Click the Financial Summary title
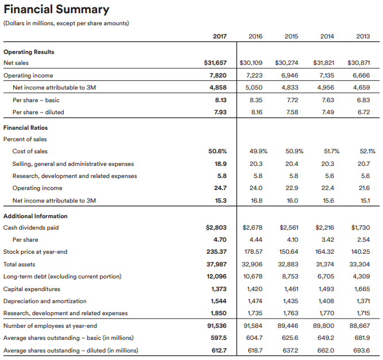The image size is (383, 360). click(56, 10)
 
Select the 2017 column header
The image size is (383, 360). click(219, 36)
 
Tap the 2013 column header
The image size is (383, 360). click(363, 36)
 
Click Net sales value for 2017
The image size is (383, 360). click(215, 63)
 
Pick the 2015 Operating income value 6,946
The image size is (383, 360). click(290, 75)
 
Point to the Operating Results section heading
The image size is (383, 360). click(29, 52)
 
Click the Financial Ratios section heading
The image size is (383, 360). click(25, 127)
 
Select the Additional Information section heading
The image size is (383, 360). click(36, 216)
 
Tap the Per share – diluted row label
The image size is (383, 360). click(38, 113)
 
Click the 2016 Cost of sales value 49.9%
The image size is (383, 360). click(258, 152)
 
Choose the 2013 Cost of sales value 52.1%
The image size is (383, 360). click(367, 152)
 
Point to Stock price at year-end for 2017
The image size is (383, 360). click(216, 252)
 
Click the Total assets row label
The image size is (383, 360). click(20, 264)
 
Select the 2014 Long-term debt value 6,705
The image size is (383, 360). click(326, 277)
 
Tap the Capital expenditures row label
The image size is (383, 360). click(32, 289)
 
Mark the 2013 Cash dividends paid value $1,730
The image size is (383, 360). click(361, 227)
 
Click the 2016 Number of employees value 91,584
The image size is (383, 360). click(253, 326)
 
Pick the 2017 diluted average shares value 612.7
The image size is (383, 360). click(219, 350)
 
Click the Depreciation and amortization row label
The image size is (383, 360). click(45, 301)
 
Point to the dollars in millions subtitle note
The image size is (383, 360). click(66, 24)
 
